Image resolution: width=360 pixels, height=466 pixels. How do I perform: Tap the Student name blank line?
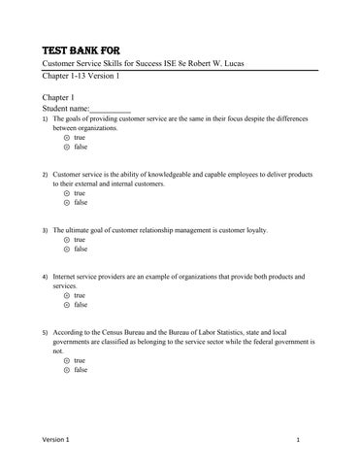tap(110, 109)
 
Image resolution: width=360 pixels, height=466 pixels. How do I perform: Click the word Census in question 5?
tap(122, 332)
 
